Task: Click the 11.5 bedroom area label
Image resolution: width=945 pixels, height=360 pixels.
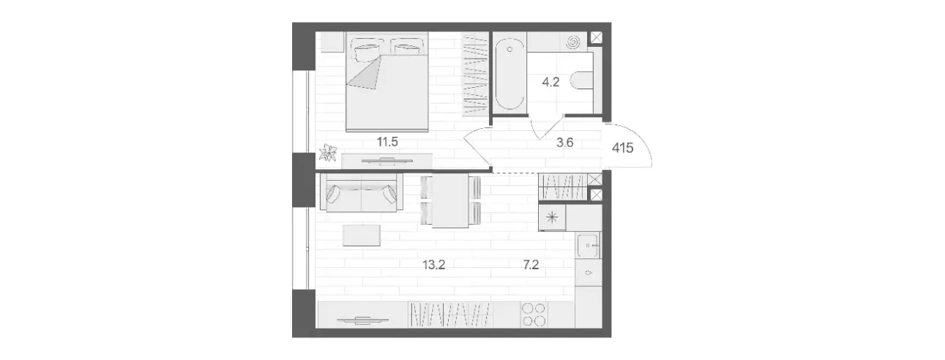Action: point(387,142)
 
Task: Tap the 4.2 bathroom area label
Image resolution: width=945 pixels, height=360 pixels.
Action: point(550,82)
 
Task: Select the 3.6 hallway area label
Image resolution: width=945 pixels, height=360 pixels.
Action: point(564,143)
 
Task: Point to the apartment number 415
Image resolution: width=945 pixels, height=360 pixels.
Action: point(623,148)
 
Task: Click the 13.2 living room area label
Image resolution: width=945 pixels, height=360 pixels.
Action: point(433,265)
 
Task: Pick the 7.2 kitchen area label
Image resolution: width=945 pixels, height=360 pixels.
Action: point(531,265)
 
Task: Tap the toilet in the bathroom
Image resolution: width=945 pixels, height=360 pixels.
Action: point(581,80)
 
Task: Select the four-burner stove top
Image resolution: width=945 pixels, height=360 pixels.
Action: point(534,315)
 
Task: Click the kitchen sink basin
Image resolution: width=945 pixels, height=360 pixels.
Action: point(588,244)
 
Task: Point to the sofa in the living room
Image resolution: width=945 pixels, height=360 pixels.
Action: point(361,192)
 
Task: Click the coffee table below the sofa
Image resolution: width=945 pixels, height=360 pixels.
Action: point(362,235)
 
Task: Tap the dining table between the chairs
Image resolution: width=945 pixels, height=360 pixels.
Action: point(450,200)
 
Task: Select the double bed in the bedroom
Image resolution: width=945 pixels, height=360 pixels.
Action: point(387,82)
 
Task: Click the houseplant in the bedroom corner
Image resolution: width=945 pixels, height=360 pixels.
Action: point(328,153)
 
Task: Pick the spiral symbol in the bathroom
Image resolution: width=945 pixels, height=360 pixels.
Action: point(574,42)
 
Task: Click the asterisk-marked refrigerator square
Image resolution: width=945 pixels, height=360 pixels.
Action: point(552,217)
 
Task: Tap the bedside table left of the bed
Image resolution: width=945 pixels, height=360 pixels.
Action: point(332,42)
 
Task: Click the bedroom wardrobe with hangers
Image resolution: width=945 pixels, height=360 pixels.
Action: point(475,75)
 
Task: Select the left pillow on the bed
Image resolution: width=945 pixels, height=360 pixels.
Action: point(366,48)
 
